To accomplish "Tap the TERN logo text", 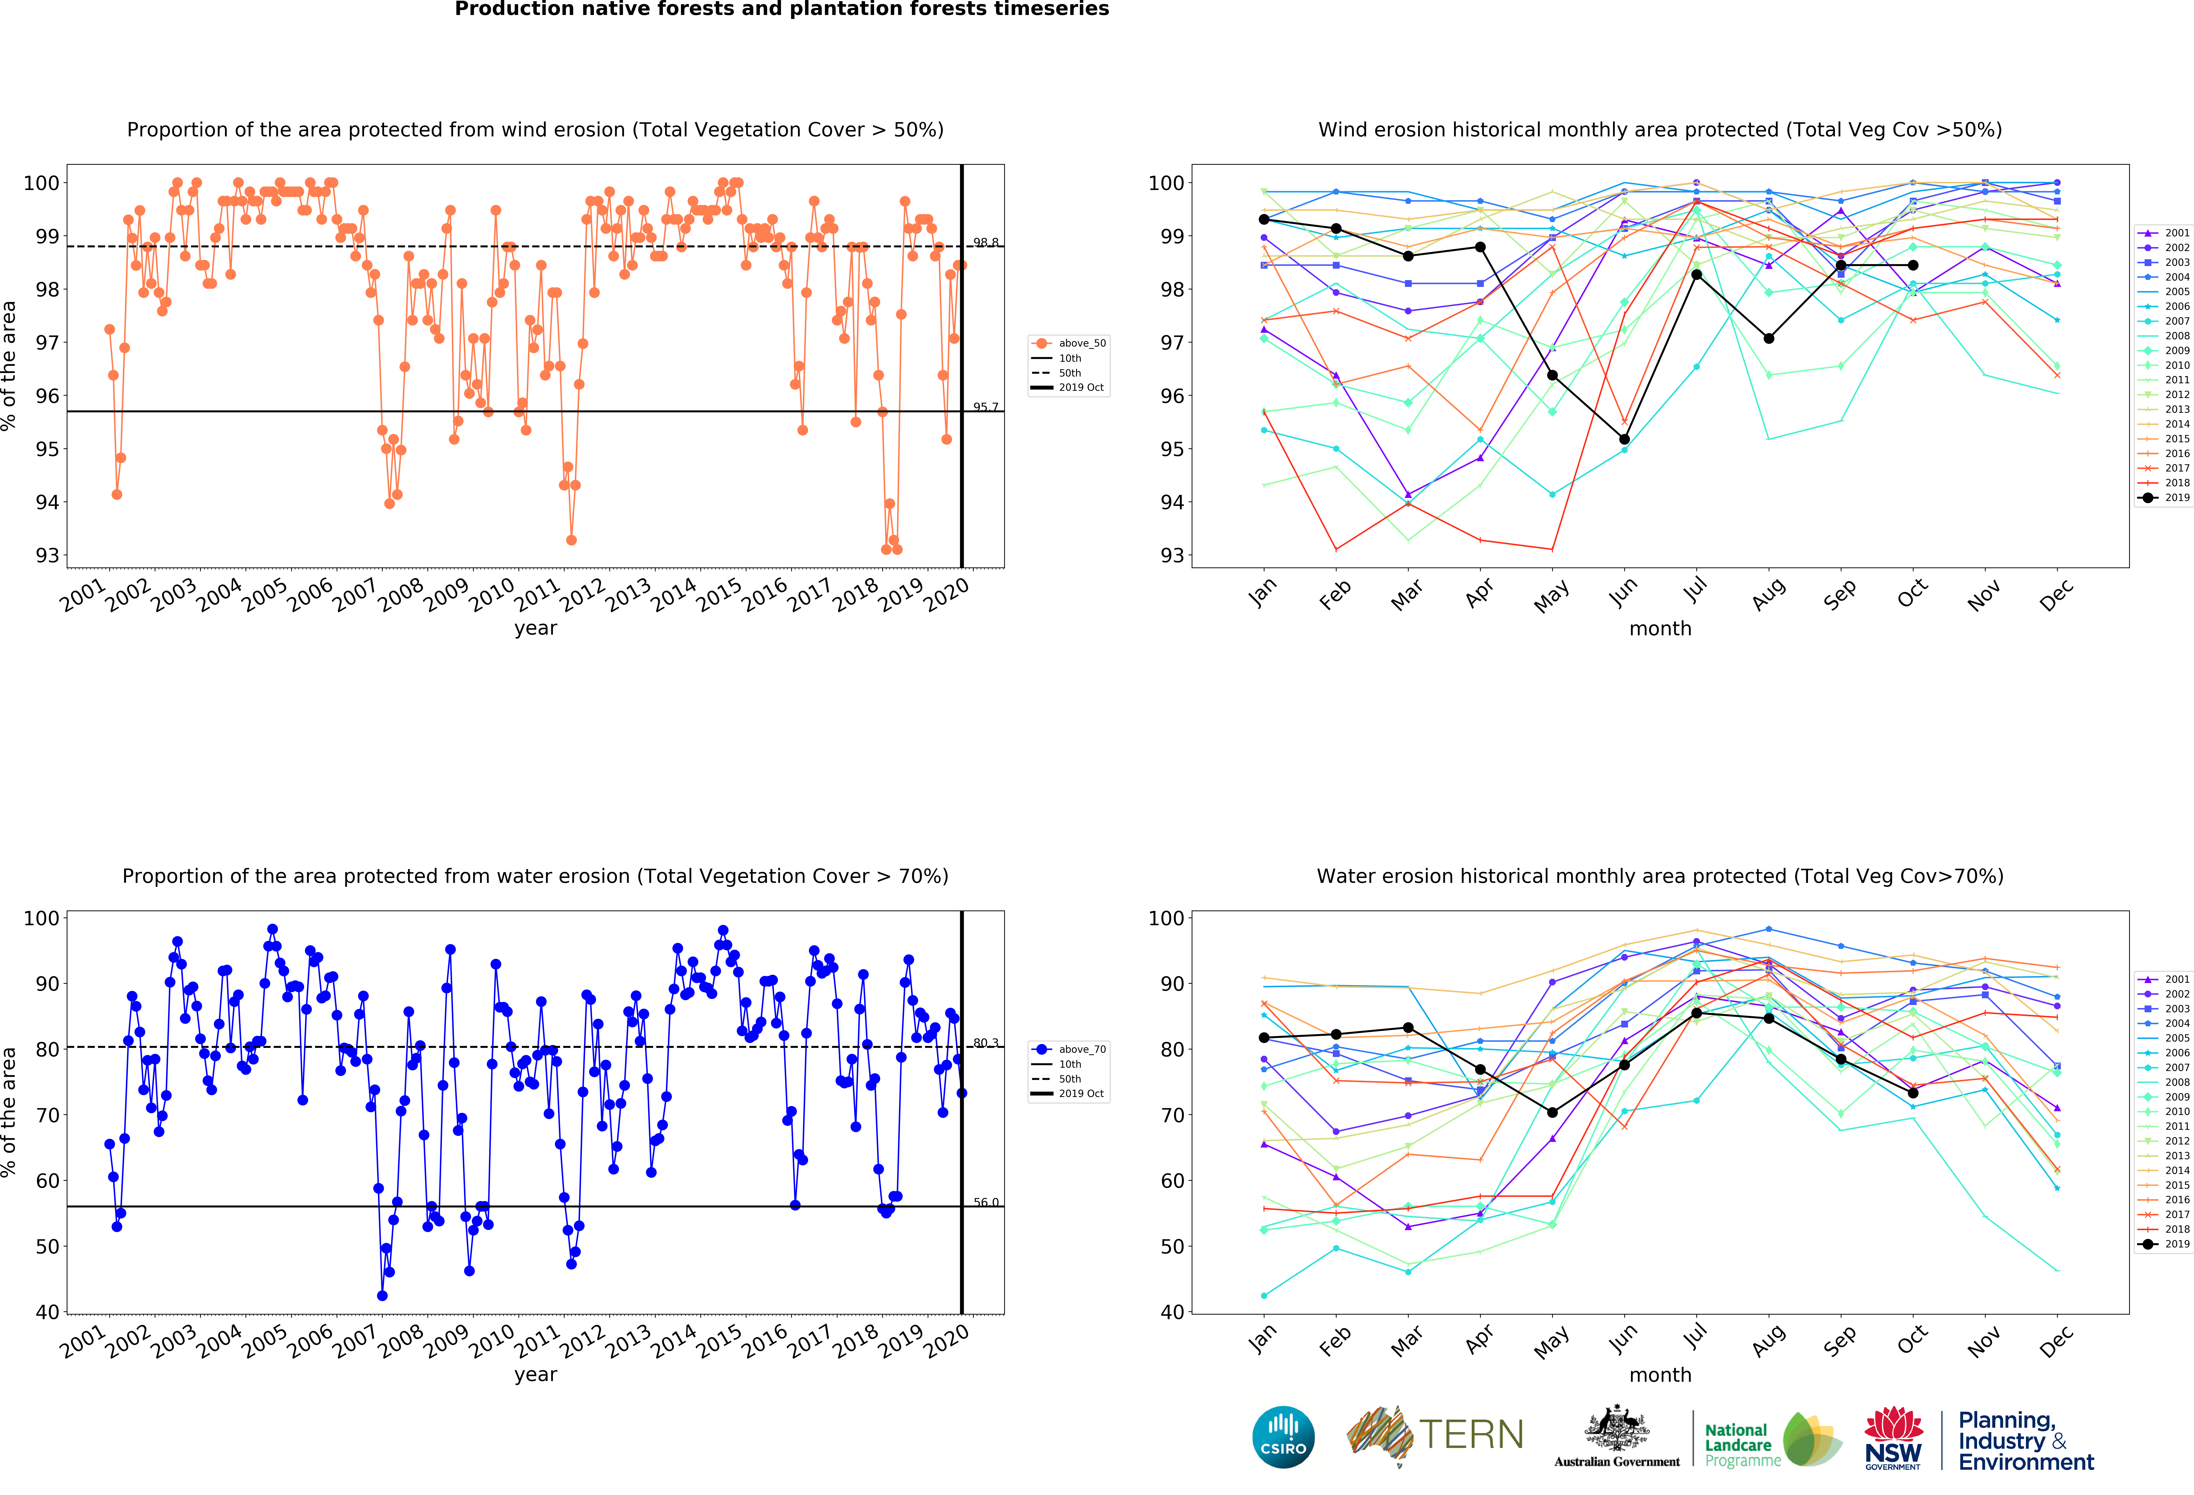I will (x=1471, y=1435).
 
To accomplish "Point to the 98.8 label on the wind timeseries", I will (x=986, y=243).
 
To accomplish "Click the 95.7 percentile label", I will (x=986, y=407).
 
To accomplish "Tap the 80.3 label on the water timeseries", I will (x=986, y=1043).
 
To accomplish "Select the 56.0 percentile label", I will (x=986, y=1203).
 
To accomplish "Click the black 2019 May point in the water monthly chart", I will (x=1552, y=1113).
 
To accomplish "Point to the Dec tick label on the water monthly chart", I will (x=2056, y=1340).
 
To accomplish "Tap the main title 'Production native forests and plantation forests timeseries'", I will (x=782, y=9).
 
